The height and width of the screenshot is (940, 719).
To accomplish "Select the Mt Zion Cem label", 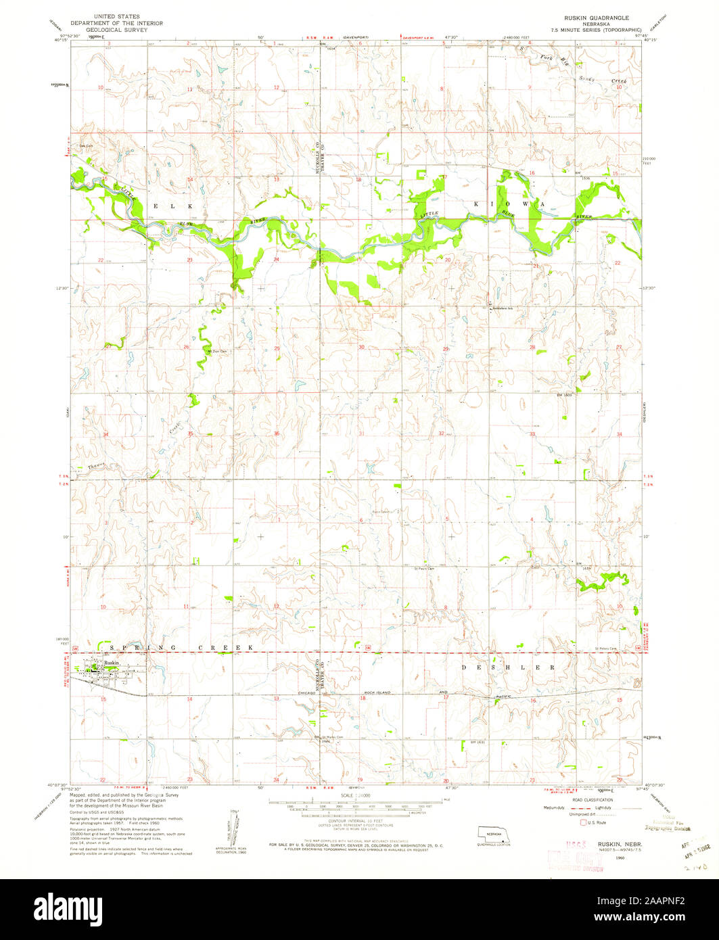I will [216, 352].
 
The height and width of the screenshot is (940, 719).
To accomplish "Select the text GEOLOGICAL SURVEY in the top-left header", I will [123, 29].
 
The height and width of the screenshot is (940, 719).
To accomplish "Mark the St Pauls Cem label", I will [423, 569].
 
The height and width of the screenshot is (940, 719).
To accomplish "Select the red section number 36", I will [277, 433].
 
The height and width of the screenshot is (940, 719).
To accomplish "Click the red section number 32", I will [441, 433].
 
